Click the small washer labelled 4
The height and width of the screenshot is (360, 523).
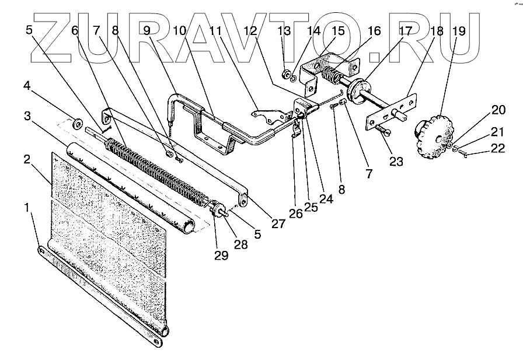pos(75,124)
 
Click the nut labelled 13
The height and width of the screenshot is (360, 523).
pos(287,74)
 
